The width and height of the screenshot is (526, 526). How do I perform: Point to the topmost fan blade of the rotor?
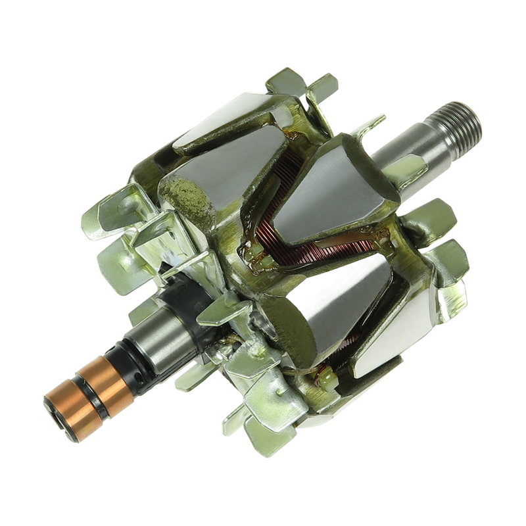click(289, 85)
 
